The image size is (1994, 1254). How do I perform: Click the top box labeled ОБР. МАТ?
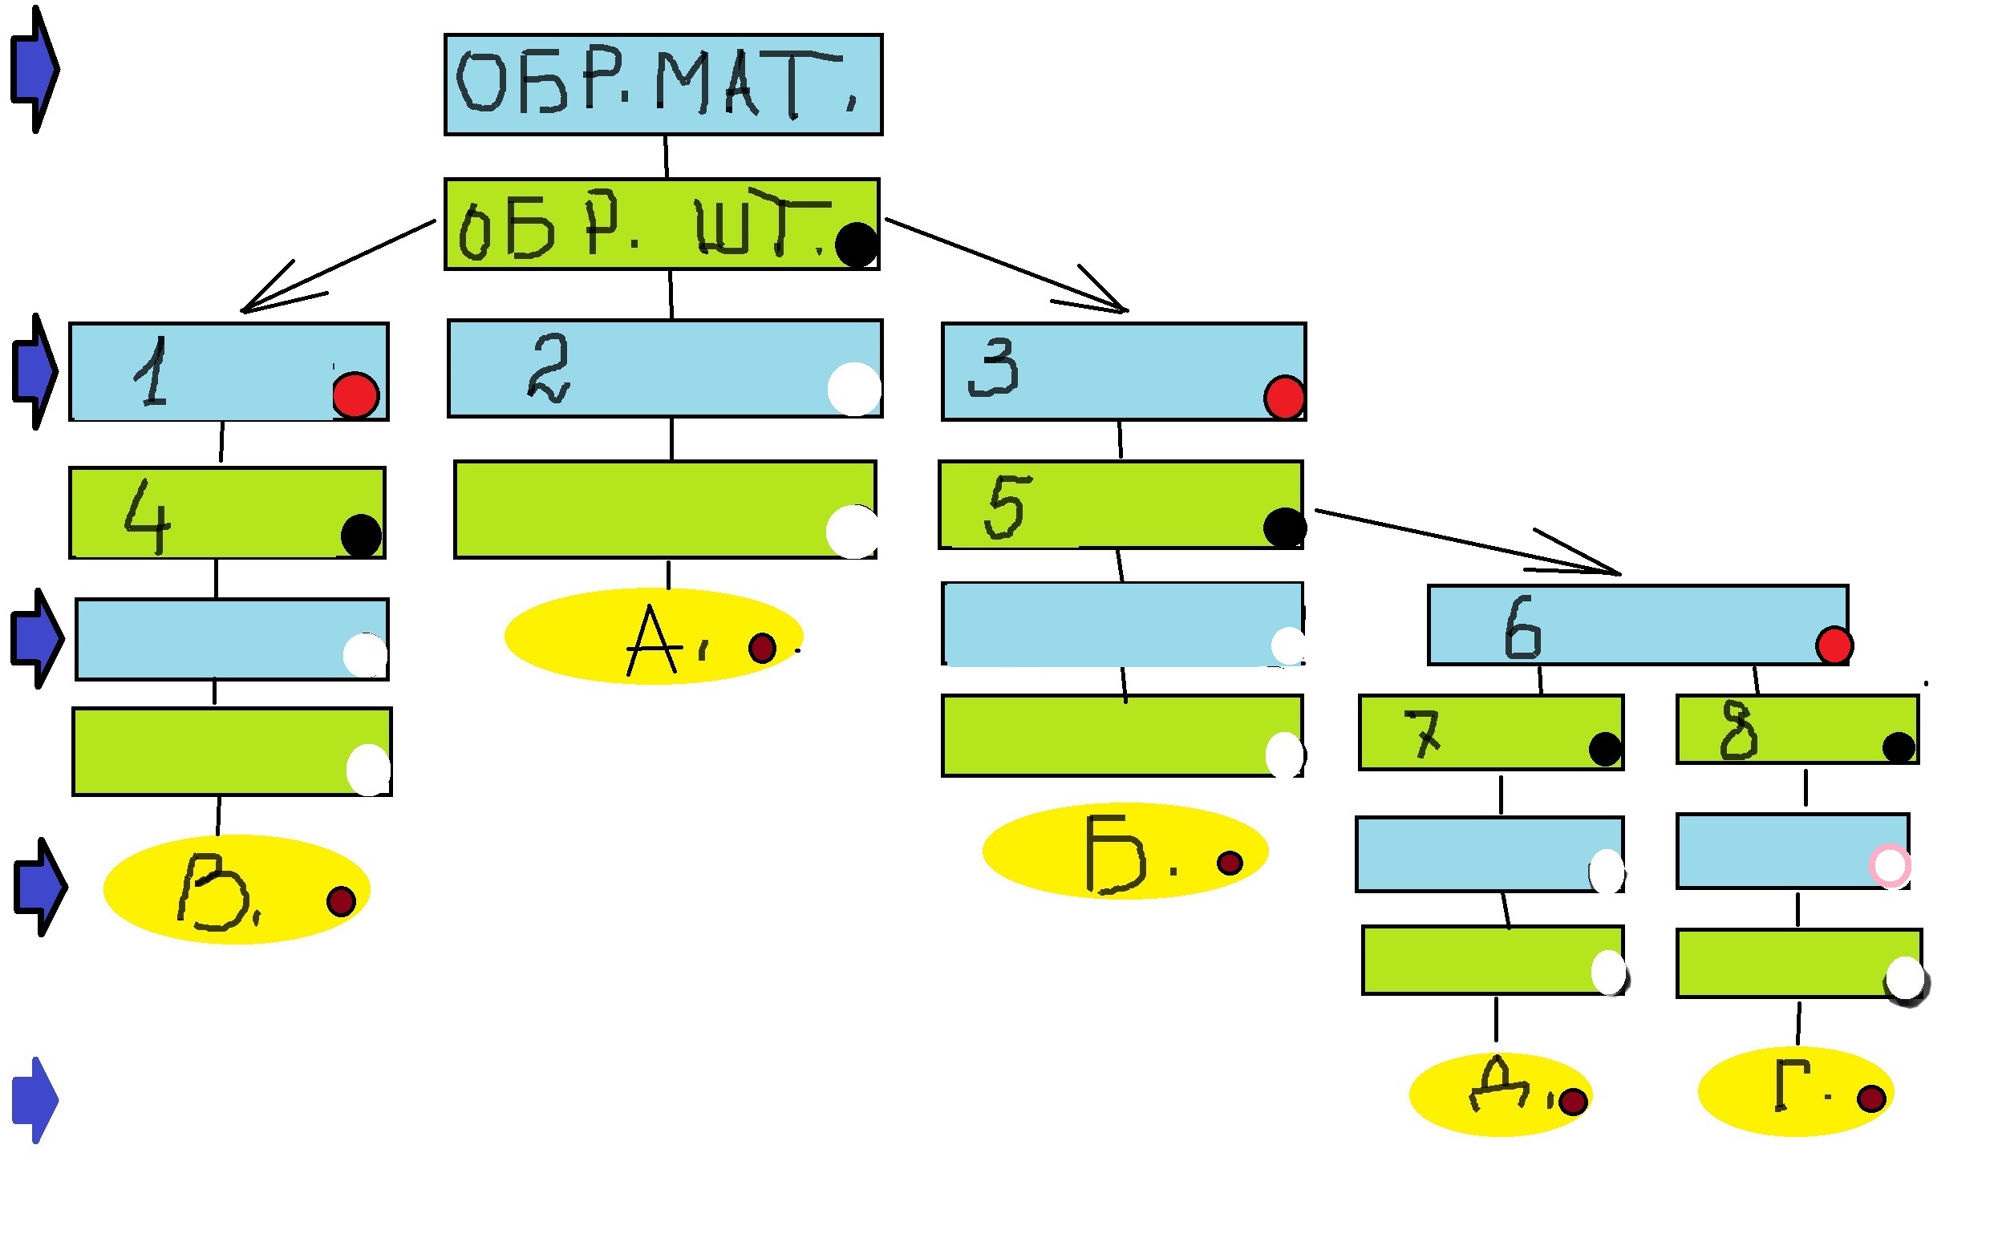point(663,84)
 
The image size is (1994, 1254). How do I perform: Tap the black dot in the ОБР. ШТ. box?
point(855,245)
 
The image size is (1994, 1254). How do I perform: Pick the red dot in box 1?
point(356,394)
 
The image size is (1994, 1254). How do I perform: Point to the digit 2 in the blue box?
point(548,367)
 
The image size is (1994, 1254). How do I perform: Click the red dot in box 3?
point(1283,398)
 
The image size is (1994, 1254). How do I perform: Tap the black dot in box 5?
point(1284,528)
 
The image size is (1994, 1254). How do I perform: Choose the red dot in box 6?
point(1834,645)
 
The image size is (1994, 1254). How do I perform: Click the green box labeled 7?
point(1490,733)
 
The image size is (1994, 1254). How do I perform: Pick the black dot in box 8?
point(1898,747)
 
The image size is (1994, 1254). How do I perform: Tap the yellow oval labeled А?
point(653,636)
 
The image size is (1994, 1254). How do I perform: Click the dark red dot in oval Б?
point(1230,864)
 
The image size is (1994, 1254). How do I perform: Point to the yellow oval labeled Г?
point(1795,1091)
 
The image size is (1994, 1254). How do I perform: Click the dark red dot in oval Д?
point(1573,1102)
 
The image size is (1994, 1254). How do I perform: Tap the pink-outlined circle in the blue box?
point(1891,866)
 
